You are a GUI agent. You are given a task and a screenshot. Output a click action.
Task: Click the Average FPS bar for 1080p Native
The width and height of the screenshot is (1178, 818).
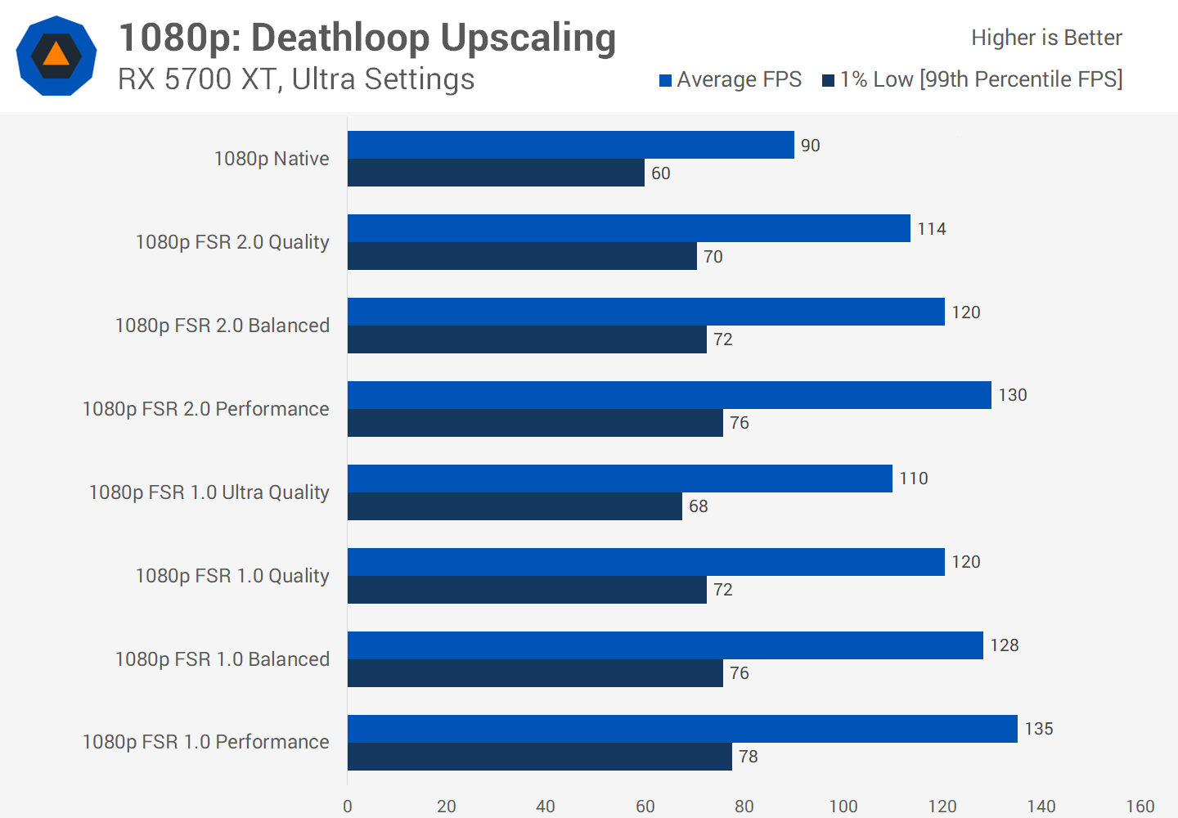tap(570, 145)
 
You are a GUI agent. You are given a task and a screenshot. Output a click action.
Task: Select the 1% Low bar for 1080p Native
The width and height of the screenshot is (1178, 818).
tap(496, 173)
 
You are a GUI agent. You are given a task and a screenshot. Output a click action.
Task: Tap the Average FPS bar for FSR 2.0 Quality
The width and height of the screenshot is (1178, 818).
tap(628, 228)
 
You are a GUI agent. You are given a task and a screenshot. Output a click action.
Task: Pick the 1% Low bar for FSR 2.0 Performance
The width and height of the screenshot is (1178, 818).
tap(535, 423)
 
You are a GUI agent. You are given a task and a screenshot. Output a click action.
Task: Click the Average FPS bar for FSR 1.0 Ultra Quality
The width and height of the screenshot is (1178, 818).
tap(619, 479)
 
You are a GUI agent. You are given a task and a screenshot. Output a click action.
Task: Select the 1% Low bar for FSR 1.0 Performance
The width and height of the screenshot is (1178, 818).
tap(539, 757)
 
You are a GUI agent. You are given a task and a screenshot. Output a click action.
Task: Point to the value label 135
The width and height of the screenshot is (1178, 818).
tap(1039, 729)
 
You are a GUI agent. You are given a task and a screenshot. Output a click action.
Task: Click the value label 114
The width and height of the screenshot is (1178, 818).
tap(932, 229)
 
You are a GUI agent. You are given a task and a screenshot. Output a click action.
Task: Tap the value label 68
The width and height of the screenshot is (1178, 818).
tap(699, 506)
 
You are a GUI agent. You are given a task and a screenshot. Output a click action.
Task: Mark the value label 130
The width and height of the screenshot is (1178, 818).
tap(1013, 395)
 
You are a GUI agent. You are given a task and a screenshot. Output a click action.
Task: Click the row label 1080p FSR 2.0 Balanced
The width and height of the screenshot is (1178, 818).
tap(222, 326)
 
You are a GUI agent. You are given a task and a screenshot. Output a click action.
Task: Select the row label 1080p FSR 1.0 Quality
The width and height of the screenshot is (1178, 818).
tap(232, 576)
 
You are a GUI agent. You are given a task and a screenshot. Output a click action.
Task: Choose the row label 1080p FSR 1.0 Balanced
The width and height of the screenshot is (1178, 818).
tap(222, 659)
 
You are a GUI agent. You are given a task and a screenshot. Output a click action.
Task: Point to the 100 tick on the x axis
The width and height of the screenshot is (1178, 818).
tap(843, 807)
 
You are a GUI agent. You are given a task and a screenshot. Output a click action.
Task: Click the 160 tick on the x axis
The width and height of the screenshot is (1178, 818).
tap(1140, 807)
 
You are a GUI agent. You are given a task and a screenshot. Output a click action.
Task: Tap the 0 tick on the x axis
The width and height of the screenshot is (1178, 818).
tap(348, 807)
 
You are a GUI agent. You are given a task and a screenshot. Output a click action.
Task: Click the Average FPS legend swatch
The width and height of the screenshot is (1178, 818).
tap(666, 80)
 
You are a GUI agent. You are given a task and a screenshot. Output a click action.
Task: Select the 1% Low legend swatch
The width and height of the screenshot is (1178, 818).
tap(829, 80)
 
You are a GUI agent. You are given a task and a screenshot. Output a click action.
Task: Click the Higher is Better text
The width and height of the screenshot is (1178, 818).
tap(1046, 38)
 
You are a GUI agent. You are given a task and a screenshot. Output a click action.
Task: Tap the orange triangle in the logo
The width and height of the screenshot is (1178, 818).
tap(56, 55)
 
